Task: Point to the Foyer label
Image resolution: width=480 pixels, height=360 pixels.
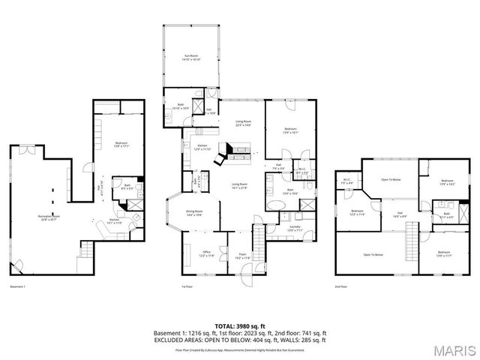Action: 241,255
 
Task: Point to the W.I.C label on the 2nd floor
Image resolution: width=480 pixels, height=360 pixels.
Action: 347,180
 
